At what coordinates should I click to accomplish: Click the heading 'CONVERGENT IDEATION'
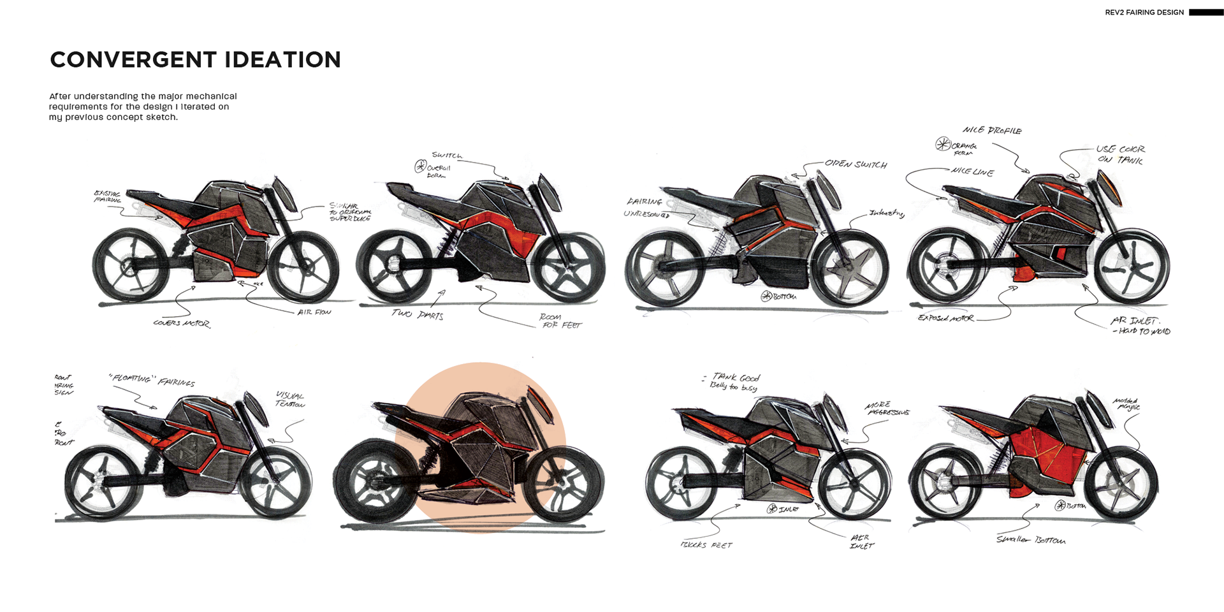pos(195,60)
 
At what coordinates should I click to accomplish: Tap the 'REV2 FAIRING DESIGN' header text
pos(1144,12)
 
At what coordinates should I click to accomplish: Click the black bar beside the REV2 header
pos(1206,12)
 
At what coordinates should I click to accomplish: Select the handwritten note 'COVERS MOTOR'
pos(182,323)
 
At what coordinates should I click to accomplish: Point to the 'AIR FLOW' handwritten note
pos(314,312)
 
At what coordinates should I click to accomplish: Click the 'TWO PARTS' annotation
pos(418,314)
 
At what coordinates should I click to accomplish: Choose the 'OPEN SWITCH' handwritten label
pos(856,164)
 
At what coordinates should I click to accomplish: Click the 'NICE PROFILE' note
pos(992,131)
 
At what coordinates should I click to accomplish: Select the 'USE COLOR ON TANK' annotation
pos(1120,154)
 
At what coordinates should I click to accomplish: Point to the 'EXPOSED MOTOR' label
pos(946,317)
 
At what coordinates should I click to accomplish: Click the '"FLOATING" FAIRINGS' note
pos(152,380)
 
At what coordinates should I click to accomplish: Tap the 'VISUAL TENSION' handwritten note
pos(290,400)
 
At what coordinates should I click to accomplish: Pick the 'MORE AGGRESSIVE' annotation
pos(887,409)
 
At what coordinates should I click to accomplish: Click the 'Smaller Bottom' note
pos(1031,540)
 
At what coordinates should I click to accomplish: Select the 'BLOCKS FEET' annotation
pos(706,545)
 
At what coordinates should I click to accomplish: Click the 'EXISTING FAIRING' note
pos(108,196)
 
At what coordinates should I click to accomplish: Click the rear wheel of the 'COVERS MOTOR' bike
pos(131,265)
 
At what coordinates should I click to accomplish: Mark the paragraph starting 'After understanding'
pos(143,106)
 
